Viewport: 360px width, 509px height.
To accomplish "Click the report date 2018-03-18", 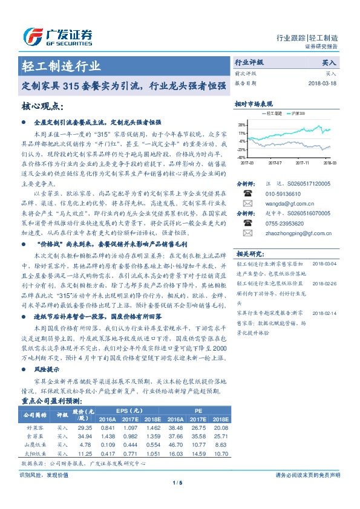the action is (321, 83).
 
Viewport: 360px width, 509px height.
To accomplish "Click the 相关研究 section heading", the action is (249, 253).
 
